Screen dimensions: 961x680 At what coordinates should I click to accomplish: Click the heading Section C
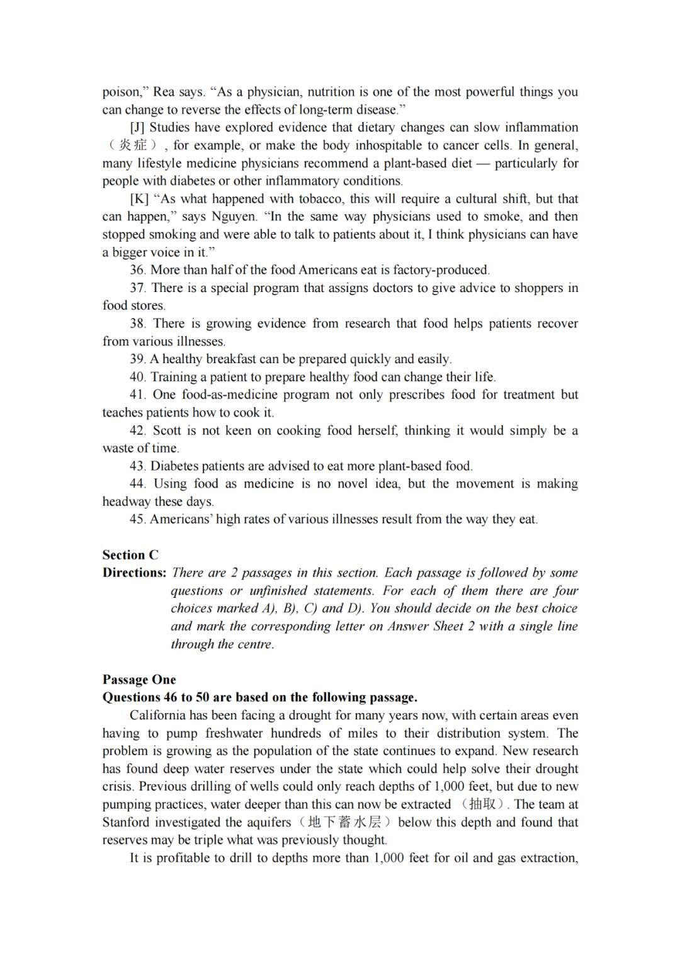pyautogui.click(x=130, y=555)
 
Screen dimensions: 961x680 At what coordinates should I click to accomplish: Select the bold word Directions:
pyautogui.click(x=134, y=573)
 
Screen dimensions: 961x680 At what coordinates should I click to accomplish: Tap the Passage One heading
pyautogui.click(x=139, y=680)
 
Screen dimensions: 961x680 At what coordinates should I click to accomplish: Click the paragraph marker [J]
pyautogui.click(x=137, y=128)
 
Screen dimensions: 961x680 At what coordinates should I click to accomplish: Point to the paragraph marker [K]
pyautogui.click(x=139, y=199)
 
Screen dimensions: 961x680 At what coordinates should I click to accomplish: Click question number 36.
pyautogui.click(x=138, y=270)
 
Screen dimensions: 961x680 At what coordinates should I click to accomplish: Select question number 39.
pyautogui.click(x=138, y=359)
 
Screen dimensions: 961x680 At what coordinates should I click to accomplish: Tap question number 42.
pyautogui.click(x=138, y=430)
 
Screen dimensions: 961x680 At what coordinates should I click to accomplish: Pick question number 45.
pyautogui.click(x=138, y=520)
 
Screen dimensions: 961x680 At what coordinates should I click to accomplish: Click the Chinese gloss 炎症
pyautogui.click(x=133, y=145)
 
